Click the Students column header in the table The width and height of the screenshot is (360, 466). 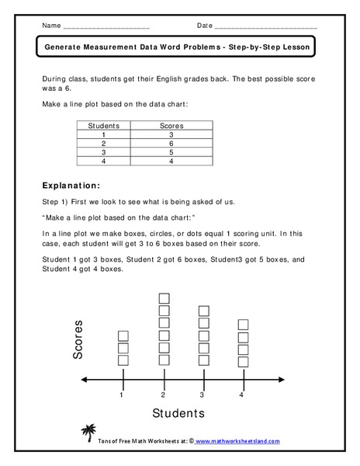(x=105, y=124)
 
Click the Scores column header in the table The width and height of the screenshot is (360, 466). (x=171, y=124)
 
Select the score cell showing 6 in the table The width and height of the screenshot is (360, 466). (x=171, y=143)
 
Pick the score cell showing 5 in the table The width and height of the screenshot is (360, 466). (x=171, y=152)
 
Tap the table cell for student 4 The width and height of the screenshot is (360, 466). (x=105, y=162)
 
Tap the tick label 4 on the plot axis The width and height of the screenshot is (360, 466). (x=243, y=395)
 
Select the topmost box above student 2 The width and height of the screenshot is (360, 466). (x=164, y=299)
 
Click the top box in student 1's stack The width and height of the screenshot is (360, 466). (x=123, y=336)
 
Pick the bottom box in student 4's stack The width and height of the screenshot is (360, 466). (x=243, y=361)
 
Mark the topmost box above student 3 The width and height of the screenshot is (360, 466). (x=204, y=311)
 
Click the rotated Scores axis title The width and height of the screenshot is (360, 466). (x=79, y=342)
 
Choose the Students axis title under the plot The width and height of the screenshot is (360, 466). (x=178, y=414)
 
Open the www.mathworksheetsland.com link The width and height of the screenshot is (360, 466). (x=237, y=441)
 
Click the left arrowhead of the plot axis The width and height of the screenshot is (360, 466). (x=83, y=378)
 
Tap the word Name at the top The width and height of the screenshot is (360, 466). (x=50, y=26)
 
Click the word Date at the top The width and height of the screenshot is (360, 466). (x=205, y=26)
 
